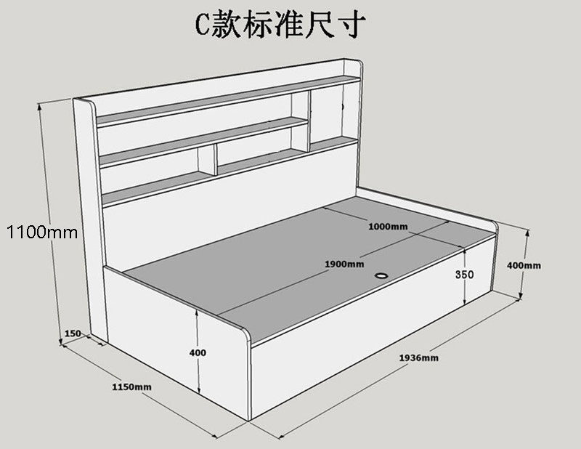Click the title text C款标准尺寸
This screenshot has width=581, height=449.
pos(280,25)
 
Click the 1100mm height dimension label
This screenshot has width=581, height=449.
pos(43,232)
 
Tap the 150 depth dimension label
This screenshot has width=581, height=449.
pos(73,333)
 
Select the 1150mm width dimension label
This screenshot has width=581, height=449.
pos(132,387)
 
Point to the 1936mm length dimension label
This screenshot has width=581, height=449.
pos(419,357)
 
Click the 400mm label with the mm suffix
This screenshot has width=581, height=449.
pos(524,265)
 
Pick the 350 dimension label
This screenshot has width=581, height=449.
pos(464,275)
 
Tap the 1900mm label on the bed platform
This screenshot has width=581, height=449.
pos(344,264)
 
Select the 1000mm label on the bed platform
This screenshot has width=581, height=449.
pos(388,226)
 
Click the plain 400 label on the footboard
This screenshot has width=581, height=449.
pos(198,352)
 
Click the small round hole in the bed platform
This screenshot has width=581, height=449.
pos(381,275)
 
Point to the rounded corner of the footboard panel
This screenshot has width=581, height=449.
pos(243,332)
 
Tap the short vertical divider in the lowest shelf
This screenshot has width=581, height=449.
pos(207,160)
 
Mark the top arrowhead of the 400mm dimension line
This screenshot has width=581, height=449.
pos(528,232)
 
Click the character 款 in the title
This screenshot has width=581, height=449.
pos(227,25)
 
